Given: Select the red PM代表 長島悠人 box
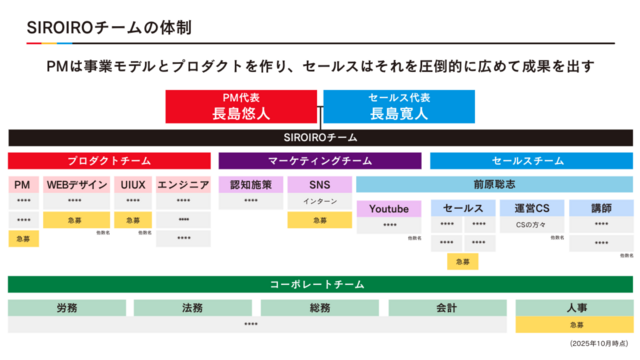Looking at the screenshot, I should pos(241,106).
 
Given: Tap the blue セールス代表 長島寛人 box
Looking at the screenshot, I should pos(398,106).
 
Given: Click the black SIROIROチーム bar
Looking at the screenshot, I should pos(320,137).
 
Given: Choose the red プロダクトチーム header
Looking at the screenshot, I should pos(110,160).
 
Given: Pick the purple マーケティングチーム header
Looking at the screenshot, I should pos(320,160).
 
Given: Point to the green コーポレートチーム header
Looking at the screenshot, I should pos(320,284).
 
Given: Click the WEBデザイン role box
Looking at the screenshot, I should pos(76,184).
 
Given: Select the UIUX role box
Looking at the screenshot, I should pos(133,184).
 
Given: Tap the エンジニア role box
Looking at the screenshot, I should pos(183,184).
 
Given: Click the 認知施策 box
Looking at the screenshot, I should pos(251,184).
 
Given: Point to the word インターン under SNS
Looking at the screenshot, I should pos(319,201).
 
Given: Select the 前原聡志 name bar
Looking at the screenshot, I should pos(494,184).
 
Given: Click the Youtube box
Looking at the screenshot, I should pos(389,208).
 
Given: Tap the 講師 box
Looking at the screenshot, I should pos(601,208).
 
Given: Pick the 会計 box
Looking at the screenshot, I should pos(447,308).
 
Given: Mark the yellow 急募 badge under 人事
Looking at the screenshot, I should pos(576,324).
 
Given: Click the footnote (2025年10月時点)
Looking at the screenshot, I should pos(599,343).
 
